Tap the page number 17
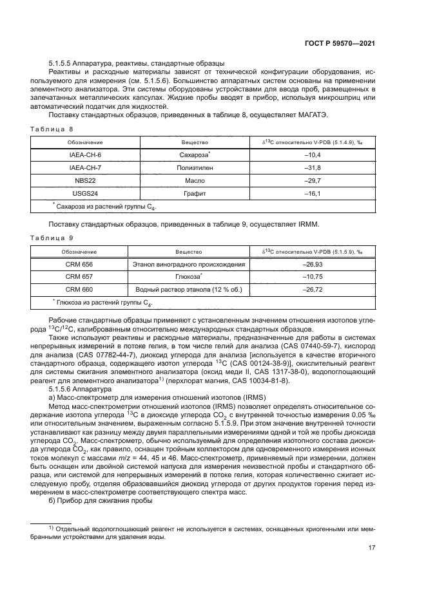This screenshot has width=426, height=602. point(372,548)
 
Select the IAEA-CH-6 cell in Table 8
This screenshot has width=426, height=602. point(81,156)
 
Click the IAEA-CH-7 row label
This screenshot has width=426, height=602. point(81,169)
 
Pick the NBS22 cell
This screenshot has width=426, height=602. point(81,182)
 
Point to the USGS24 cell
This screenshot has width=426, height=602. point(81,194)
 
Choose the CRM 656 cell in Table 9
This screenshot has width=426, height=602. point(79,264)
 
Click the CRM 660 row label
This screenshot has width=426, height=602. point(79,289)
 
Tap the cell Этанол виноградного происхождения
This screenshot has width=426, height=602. point(188,264)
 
